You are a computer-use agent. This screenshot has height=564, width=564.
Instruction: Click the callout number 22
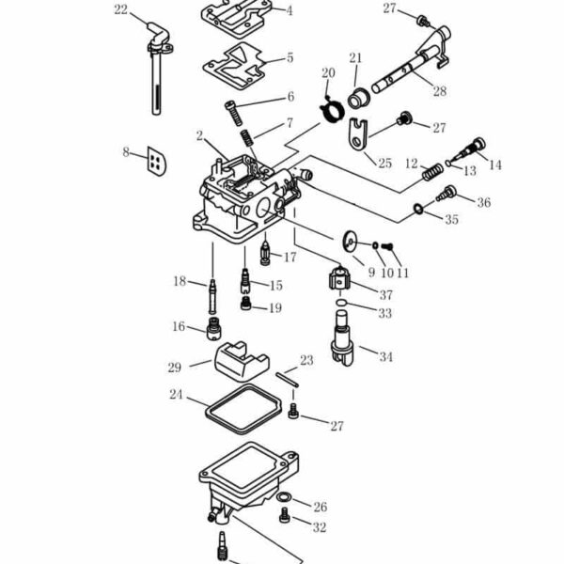click(x=121, y=9)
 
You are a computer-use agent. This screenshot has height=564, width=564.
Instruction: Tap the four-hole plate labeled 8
click(x=156, y=161)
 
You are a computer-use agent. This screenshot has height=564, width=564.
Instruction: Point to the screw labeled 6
click(x=234, y=114)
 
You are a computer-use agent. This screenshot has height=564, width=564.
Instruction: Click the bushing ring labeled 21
click(x=359, y=98)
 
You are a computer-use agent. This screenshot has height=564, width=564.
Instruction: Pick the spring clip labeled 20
click(x=332, y=110)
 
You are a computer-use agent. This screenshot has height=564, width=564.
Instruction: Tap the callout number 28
click(x=440, y=91)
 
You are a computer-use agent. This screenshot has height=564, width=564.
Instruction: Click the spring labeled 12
click(x=432, y=172)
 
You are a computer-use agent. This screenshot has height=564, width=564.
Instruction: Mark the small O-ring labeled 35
click(x=417, y=208)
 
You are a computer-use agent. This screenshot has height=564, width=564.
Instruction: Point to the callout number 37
click(x=386, y=295)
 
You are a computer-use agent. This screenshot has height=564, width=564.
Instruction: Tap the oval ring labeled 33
click(x=341, y=303)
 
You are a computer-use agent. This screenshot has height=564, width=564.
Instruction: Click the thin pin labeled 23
click(x=288, y=380)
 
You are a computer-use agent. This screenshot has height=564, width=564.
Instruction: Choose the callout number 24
click(x=177, y=395)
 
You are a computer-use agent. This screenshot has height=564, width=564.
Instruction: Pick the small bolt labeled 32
click(x=285, y=515)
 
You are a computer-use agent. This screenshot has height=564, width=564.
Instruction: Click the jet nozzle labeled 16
click(x=213, y=328)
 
